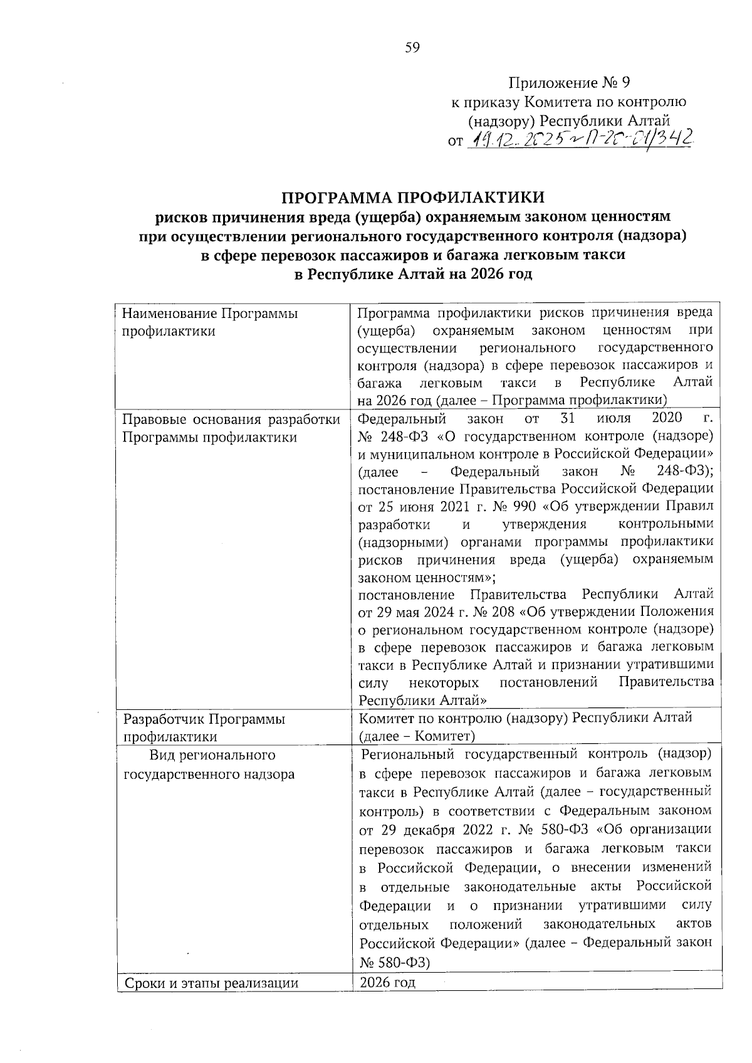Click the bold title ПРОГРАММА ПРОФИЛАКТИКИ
pyautogui.click(x=413, y=198)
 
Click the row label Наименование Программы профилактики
pyautogui.click(x=210, y=322)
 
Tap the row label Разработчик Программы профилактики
pyautogui.click(x=204, y=727)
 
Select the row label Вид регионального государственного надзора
pyautogui.click(x=209, y=764)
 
